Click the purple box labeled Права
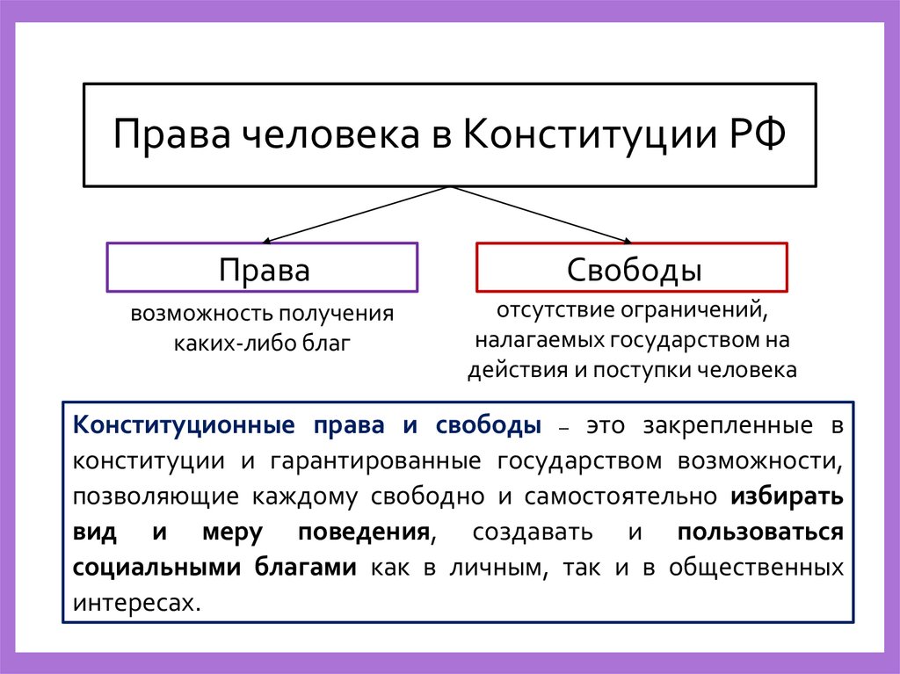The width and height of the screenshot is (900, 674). point(263,267)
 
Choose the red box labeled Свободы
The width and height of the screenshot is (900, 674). point(632,267)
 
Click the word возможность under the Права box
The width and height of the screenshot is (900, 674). point(201,314)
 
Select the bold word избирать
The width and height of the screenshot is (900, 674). point(787,496)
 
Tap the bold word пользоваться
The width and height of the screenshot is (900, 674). point(761,532)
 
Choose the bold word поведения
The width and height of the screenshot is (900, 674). point(364,532)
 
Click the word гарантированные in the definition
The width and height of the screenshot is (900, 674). point(380,461)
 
